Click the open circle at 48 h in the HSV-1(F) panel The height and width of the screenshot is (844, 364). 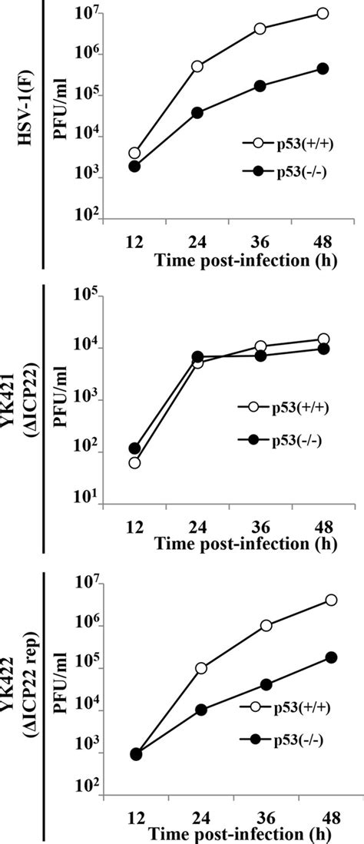[323, 13]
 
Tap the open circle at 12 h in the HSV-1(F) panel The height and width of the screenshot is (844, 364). [134, 154]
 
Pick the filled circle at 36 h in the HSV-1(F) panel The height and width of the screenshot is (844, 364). [260, 86]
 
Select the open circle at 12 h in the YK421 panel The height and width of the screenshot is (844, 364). [135, 462]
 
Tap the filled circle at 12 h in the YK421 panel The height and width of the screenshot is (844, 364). [134, 448]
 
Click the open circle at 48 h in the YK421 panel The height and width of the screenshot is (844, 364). [323, 339]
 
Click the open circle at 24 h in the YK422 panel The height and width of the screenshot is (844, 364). [201, 668]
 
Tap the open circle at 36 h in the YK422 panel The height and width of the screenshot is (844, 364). [266, 625]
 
